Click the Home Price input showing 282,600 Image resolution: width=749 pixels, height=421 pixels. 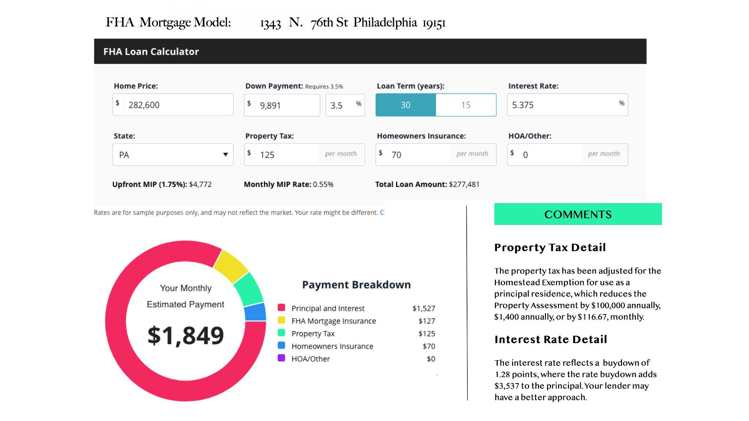pos(173,105)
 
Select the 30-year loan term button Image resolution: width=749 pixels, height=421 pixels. pos(406,105)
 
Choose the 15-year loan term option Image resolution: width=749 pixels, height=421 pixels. pos(466,105)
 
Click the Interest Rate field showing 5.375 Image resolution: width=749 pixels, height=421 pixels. pos(567,105)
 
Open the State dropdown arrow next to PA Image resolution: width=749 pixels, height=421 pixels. pos(226,154)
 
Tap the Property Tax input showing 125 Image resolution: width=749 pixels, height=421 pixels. pos(304,154)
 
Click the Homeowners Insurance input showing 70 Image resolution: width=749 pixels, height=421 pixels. pos(436,154)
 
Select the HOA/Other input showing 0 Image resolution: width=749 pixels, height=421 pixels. pos(567,154)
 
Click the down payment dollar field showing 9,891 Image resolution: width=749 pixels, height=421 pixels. pos(282,105)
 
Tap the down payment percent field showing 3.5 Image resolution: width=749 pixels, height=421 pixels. pos(345,105)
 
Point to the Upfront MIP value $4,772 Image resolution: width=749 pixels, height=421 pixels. pos(200,184)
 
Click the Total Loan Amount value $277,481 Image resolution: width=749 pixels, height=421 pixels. pos(464,184)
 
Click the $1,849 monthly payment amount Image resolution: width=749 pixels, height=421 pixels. pos(185,335)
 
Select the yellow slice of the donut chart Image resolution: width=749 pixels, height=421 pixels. pos(231,266)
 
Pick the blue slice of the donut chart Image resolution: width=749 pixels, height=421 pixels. pos(255,312)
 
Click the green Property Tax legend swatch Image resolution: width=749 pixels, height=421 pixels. pos(281,332)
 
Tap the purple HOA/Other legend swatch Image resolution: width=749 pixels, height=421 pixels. pos(281,358)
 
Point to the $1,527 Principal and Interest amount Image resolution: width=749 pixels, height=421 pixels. pos(424,308)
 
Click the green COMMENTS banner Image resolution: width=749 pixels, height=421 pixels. pos(578,214)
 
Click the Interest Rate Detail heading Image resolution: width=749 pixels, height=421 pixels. pos(551,339)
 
